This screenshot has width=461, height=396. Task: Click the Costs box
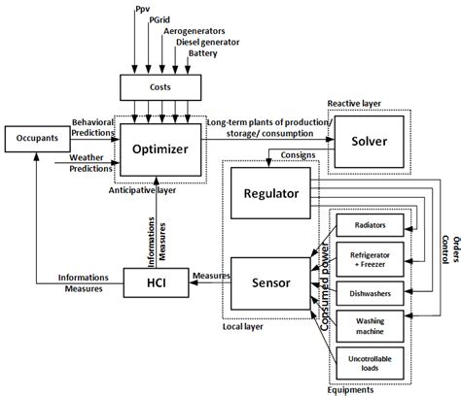(163, 88)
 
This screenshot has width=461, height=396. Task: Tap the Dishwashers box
(369, 292)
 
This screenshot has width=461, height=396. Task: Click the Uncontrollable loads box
(369, 363)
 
